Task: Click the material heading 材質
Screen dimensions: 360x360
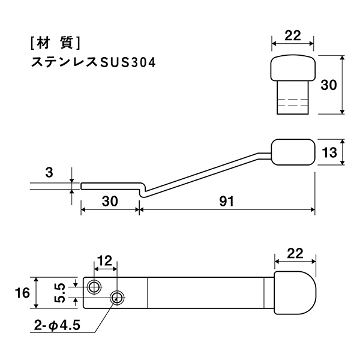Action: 55,43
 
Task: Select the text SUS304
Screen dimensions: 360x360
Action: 128,62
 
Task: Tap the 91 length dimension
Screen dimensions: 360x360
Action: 226,202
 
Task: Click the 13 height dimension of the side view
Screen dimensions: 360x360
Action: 329,152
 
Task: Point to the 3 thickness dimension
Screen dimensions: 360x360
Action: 49,172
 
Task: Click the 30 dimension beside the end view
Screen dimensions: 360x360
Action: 329,85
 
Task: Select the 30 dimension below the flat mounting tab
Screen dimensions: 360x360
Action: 110,201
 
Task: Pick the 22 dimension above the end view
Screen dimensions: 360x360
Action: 293,35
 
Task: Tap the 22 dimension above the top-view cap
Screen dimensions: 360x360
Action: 295,253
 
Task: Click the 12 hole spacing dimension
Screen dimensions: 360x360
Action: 104,261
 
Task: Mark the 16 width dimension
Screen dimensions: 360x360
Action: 22,293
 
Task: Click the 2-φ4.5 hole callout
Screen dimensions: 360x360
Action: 57,325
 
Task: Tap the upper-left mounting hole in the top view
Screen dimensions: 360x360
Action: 94,287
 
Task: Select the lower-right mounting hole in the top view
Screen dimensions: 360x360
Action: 117,298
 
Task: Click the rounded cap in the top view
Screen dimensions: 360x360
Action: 295,293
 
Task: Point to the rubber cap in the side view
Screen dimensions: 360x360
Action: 293,152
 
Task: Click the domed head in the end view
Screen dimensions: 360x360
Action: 293,68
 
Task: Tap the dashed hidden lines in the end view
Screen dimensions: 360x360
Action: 293,103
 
